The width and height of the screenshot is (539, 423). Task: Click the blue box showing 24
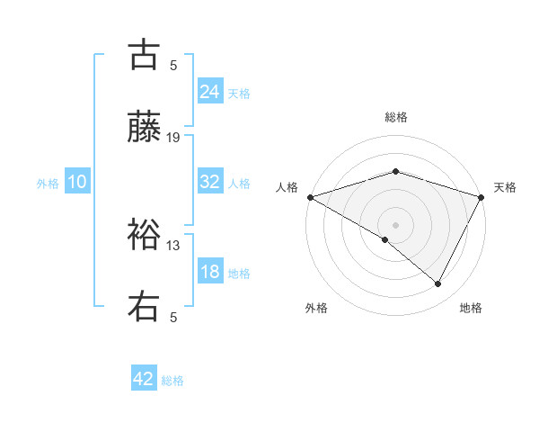click(x=210, y=91)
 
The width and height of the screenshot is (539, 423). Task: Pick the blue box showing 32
click(x=210, y=182)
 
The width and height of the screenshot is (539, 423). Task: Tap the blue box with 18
click(x=210, y=272)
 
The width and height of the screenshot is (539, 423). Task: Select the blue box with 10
click(x=77, y=182)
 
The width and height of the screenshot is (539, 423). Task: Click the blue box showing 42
click(x=144, y=379)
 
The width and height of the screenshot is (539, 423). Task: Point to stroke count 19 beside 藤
click(x=173, y=137)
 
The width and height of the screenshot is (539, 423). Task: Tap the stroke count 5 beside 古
click(x=173, y=65)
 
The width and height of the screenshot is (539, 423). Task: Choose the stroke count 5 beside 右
click(x=173, y=317)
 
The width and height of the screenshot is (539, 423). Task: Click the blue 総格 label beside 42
click(x=172, y=381)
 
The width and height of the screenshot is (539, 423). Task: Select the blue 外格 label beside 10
click(x=48, y=184)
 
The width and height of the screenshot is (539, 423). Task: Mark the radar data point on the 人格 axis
click(x=310, y=197)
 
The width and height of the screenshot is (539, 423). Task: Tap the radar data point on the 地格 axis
click(x=438, y=284)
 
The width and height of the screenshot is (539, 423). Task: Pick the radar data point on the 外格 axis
click(x=385, y=239)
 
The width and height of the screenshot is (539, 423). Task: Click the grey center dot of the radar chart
click(x=396, y=224)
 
